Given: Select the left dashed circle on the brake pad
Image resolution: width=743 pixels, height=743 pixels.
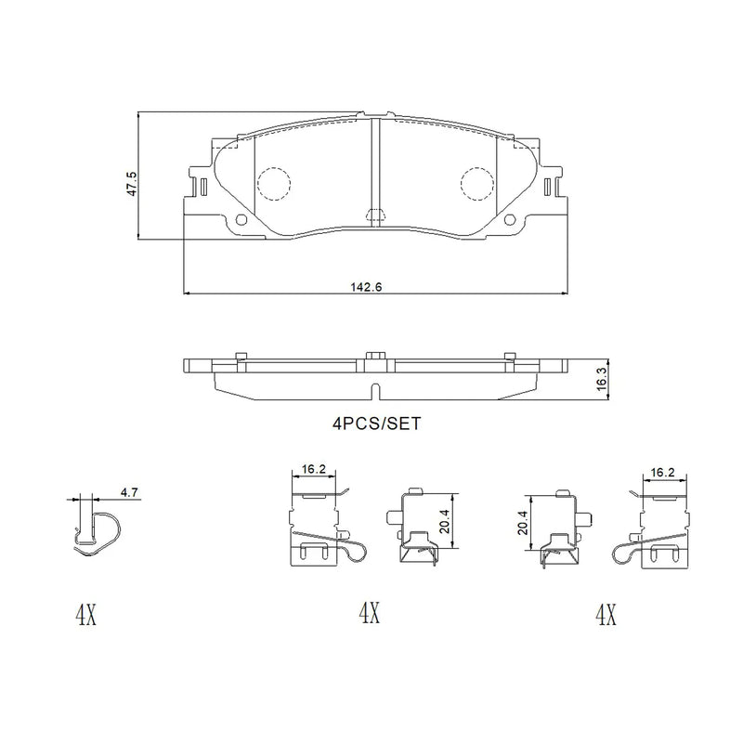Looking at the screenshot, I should tap(273, 183).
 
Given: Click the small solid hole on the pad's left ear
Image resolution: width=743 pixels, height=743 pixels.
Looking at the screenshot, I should tap(243, 219).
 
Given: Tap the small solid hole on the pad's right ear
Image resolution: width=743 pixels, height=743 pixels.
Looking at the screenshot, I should tap(508, 219).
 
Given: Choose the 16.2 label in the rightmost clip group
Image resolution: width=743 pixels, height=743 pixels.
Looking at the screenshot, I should tap(660, 471).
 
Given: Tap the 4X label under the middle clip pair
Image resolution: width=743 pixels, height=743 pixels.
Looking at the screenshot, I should tap(369, 613).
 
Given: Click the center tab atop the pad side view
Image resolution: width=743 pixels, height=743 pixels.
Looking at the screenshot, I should tap(375, 356).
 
